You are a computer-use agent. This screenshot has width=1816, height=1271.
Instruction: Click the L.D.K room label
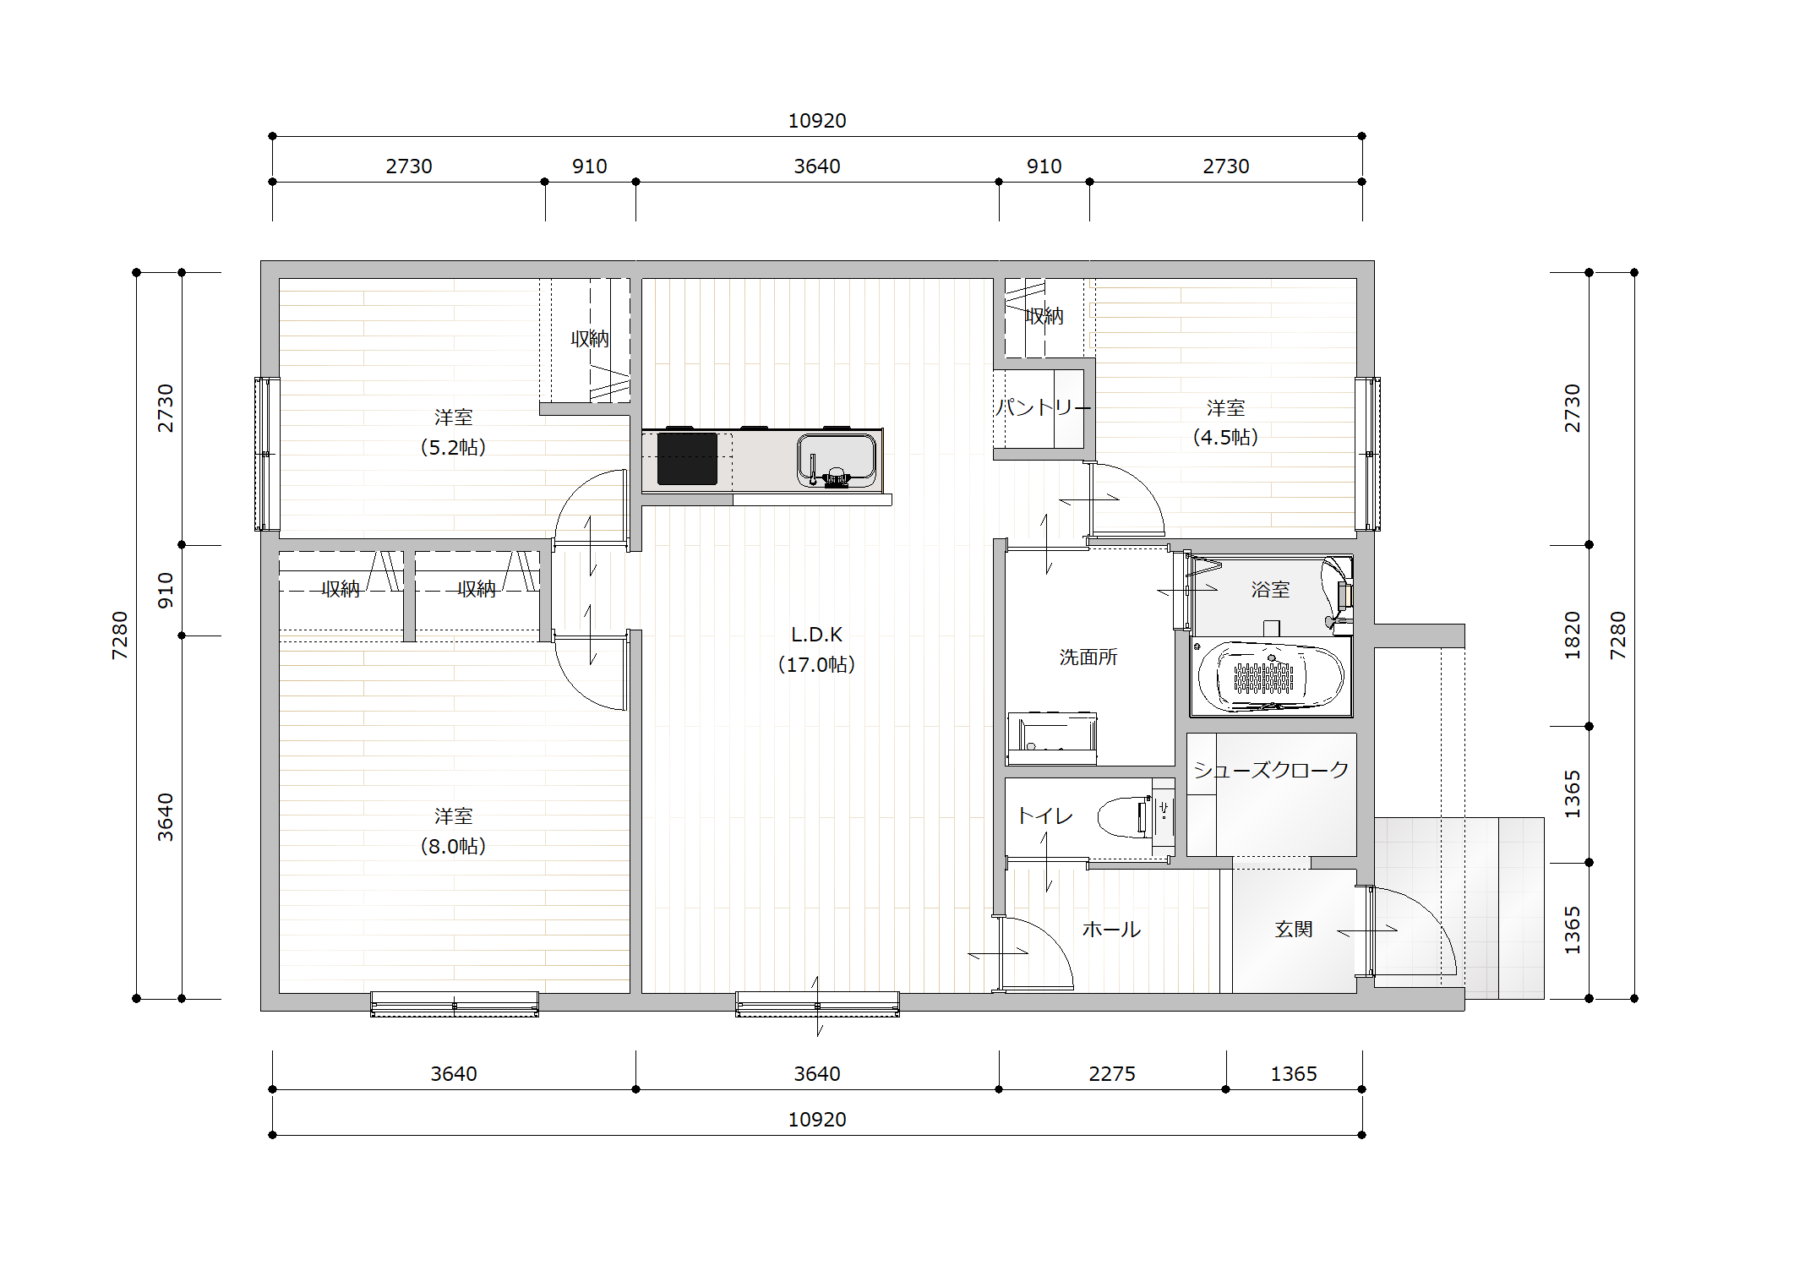(816, 649)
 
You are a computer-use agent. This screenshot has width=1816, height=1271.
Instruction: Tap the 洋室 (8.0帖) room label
(453, 831)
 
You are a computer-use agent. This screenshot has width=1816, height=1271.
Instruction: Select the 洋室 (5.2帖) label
(453, 432)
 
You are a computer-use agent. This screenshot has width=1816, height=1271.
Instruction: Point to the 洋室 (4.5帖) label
(1225, 423)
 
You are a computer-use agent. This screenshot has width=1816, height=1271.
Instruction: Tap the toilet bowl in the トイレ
(1126, 816)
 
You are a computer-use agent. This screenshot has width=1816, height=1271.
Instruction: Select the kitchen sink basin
(836, 461)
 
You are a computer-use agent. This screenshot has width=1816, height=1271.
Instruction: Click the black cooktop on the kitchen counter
(687, 459)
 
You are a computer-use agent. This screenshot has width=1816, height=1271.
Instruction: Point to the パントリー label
(1044, 407)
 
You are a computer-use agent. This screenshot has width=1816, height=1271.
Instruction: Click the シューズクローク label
(1271, 769)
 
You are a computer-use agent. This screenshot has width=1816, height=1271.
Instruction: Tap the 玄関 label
(1294, 929)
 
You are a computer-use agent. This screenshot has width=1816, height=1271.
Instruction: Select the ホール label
(1111, 930)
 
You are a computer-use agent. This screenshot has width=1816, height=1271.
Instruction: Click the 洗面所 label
(1088, 657)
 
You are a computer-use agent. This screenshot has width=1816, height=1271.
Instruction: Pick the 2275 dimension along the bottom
(1112, 1073)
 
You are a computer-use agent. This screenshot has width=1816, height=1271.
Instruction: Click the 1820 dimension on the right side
(1572, 635)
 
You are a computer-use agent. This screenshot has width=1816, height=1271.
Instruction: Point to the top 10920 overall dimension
(817, 121)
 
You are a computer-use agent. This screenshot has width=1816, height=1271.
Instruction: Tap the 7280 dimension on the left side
(120, 635)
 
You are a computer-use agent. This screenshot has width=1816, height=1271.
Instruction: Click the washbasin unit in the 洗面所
(1052, 738)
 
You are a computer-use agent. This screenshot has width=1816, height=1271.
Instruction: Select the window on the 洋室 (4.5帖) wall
(1368, 454)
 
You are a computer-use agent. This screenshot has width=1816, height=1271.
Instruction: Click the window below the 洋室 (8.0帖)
(455, 1004)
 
